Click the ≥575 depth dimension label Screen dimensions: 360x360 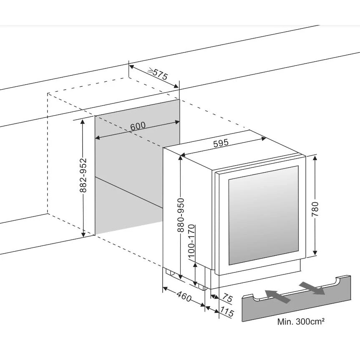158,74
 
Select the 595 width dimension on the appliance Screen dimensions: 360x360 221,143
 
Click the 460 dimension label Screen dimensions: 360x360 184,298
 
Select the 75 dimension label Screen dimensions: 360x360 227,298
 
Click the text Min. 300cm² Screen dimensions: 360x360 301,322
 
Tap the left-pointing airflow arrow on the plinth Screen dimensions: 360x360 278,296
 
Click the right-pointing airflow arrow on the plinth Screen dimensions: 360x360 312,287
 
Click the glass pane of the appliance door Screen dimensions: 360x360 263,215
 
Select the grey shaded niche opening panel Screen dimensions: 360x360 129,167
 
